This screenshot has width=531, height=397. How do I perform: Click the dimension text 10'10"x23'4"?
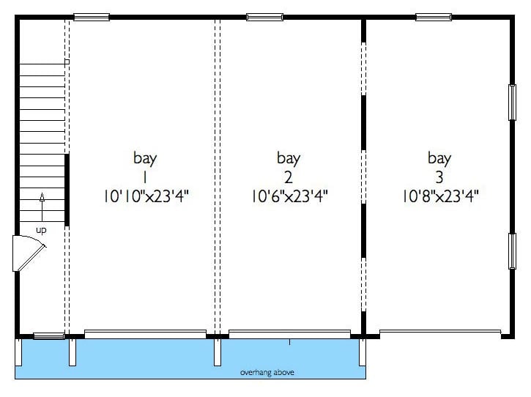pos(146,196)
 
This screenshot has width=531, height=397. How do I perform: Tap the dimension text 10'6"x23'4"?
pos(289,196)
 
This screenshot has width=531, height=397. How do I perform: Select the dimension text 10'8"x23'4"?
pos(440,196)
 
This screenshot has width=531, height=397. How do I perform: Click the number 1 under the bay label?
pos(145,177)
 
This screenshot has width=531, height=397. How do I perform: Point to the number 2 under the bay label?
pos(288,177)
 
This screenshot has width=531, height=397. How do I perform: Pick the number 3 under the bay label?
pos(439,177)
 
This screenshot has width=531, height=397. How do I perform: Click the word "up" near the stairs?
pos(41,231)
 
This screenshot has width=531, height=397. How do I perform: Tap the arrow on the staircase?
pos(42,207)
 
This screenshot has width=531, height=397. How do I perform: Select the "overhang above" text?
pos(267,373)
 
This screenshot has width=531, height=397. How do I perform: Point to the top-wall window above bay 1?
pos(92,17)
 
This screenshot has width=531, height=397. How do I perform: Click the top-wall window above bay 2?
pos(265,17)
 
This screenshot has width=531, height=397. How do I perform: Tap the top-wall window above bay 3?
pos(434,17)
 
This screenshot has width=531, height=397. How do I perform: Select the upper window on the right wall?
pos(512,103)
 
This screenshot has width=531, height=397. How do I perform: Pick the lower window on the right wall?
pos(512,251)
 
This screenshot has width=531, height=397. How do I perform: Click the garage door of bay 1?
pos(145,334)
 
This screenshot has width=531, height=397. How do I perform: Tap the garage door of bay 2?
pos(289,334)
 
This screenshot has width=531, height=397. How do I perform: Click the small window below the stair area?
pos(49,336)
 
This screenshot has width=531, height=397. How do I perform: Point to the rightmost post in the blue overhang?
pos(363,352)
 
